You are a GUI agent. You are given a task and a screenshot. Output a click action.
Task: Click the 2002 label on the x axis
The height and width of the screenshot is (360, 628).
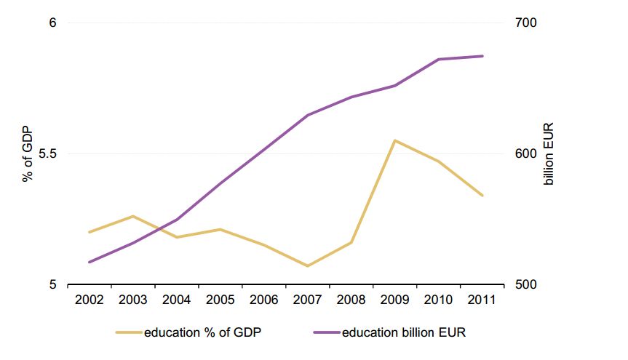pyautogui.click(x=89, y=300)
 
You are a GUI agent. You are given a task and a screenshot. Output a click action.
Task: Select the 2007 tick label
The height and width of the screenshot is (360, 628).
pyautogui.click(x=307, y=300)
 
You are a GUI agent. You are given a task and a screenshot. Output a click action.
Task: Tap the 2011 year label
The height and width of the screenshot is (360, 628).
pyautogui.click(x=482, y=300)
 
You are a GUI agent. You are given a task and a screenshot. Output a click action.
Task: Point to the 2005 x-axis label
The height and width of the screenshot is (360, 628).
pyautogui.click(x=220, y=300)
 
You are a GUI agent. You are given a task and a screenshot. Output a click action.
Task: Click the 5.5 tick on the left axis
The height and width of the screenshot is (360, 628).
pyautogui.click(x=47, y=154)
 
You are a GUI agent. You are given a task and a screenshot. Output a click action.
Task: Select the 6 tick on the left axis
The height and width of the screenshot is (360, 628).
pyautogui.click(x=52, y=23)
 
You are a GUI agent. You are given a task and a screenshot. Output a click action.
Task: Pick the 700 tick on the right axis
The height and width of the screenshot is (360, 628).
pyautogui.click(x=526, y=23)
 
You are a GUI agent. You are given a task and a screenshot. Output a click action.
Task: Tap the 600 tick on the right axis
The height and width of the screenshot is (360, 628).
pyautogui.click(x=526, y=154)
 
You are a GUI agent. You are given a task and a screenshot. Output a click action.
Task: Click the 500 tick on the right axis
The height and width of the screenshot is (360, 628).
pyautogui.click(x=526, y=285)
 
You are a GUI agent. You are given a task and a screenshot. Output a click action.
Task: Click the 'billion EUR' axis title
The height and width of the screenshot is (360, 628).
pyautogui.click(x=549, y=153)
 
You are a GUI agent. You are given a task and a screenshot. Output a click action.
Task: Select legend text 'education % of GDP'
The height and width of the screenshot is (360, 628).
pyautogui.click(x=202, y=333)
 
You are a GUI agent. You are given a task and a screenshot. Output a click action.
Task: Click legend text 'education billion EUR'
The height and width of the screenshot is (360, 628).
pyautogui.click(x=404, y=333)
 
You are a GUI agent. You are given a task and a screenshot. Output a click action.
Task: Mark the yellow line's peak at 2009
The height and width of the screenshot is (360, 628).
pyautogui.click(x=394, y=140)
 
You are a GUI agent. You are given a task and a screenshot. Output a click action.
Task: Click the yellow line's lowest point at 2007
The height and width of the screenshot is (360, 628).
pyautogui.click(x=307, y=266)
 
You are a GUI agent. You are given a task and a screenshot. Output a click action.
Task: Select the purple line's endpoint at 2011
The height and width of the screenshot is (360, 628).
pyautogui.click(x=482, y=56)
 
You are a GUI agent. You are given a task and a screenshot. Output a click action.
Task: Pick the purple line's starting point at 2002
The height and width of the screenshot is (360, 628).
pyautogui.click(x=89, y=262)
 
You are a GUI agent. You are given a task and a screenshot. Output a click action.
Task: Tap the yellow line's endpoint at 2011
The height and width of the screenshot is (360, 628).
pyautogui.click(x=482, y=196)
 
